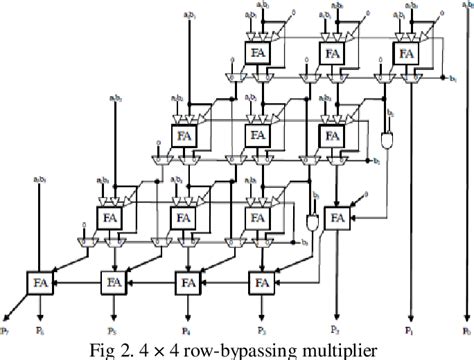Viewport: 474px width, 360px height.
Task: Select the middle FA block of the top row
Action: pyautogui.click(x=331, y=52)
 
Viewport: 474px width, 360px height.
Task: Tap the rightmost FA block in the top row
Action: pyautogui.click(x=405, y=52)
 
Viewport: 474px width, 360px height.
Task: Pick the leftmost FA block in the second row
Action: pyautogui.click(x=184, y=133)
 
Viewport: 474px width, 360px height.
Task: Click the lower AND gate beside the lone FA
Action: pyautogui.click(x=313, y=218)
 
